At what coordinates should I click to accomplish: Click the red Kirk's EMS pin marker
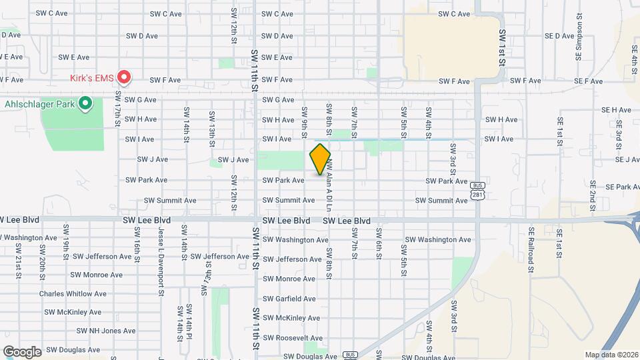(124, 77)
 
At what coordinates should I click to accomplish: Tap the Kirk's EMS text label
(92, 78)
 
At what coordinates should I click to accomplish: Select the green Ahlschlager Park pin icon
(85, 103)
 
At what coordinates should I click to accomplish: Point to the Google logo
(22, 351)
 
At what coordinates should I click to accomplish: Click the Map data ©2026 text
(611, 355)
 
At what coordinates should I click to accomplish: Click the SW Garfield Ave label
(289, 299)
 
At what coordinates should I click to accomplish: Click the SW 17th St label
(117, 107)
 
